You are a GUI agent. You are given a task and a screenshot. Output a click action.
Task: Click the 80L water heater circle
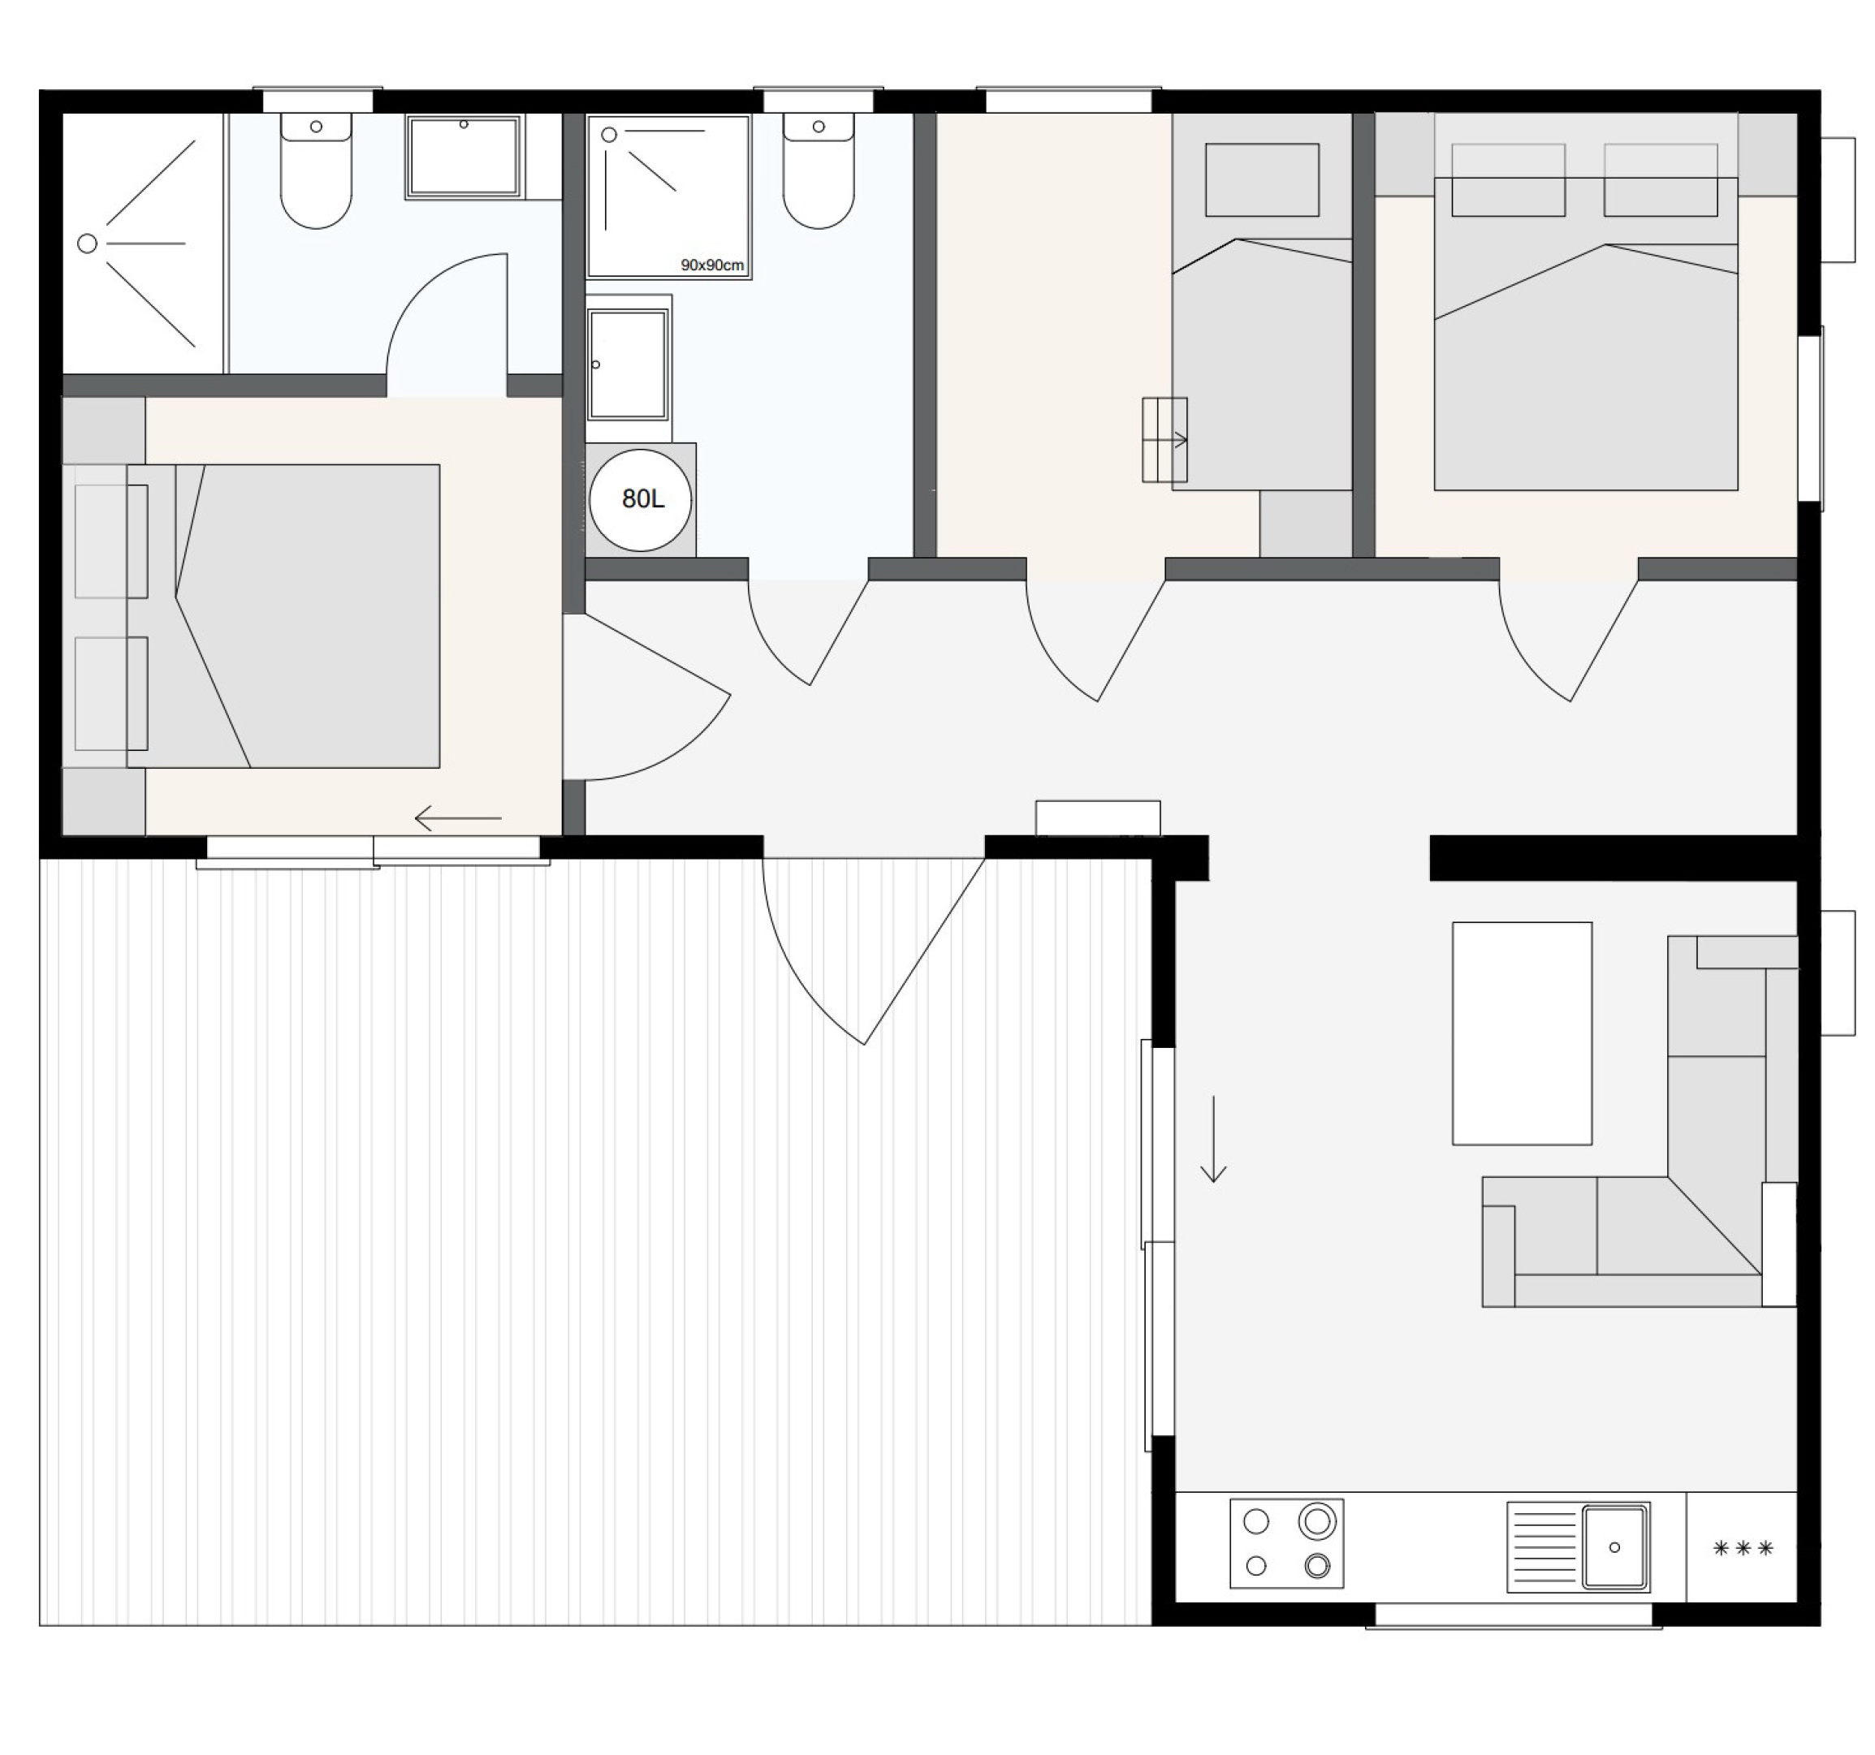point(641,500)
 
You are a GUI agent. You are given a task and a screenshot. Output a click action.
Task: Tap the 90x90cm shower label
point(712,265)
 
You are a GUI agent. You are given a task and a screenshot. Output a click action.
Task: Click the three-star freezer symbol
point(1743,1549)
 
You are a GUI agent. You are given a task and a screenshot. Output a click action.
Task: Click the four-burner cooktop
point(1286,1544)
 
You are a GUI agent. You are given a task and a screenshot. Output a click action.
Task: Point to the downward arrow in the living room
point(1213,1138)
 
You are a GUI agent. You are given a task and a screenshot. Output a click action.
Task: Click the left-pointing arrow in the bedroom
point(458,817)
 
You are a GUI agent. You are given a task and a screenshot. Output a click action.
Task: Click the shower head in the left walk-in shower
point(87,244)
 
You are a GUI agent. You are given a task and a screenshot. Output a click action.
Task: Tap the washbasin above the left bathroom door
point(463,157)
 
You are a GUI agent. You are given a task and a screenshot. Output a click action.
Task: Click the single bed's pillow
point(1262,179)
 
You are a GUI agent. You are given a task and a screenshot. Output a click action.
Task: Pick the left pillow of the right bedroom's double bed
point(1508,179)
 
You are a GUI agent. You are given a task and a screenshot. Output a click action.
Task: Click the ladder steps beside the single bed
point(1164,439)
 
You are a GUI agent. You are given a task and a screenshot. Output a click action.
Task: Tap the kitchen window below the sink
point(1513,1615)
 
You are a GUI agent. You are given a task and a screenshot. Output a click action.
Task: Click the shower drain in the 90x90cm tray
point(609,135)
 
